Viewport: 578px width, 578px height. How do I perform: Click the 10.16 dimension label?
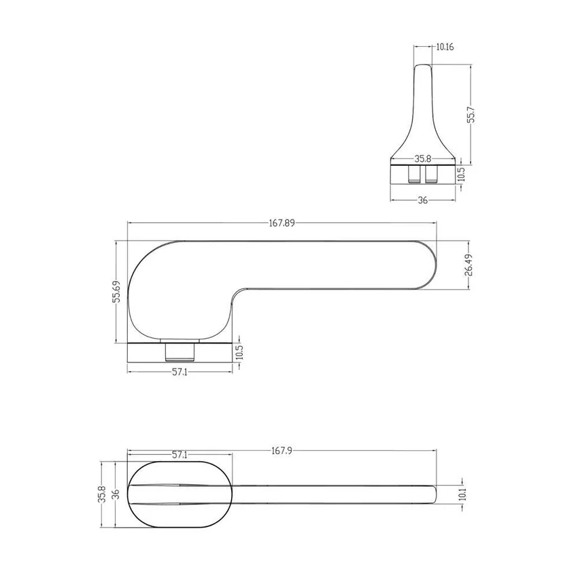[x=445, y=47]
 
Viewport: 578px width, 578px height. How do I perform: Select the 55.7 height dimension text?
[x=471, y=115]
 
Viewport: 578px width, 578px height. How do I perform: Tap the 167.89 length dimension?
[x=282, y=223]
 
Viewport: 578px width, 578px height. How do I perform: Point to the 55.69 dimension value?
[x=116, y=291]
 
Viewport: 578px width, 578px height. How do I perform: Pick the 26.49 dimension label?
[x=469, y=265]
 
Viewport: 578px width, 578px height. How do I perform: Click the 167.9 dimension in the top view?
[x=282, y=450]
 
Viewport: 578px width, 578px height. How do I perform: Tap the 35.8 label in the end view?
[x=423, y=159]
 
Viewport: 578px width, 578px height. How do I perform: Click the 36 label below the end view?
[x=423, y=200]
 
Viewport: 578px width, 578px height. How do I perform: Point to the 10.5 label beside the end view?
[x=461, y=174]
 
